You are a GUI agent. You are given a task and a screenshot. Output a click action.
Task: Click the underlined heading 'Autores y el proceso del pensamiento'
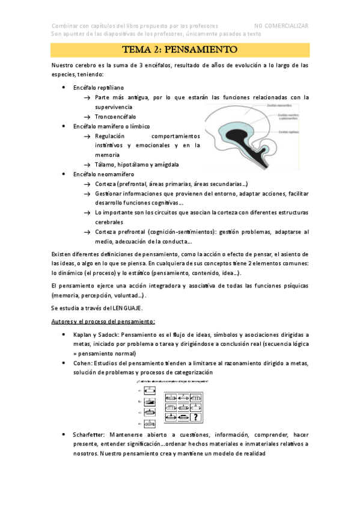click(103, 322)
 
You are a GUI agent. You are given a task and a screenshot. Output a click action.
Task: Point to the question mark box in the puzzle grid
click(196, 417)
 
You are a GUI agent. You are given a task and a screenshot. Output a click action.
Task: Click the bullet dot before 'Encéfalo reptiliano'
click(64, 87)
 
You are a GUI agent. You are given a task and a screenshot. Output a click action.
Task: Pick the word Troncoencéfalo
click(115, 116)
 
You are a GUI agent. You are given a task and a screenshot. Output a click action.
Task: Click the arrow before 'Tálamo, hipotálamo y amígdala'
click(88, 164)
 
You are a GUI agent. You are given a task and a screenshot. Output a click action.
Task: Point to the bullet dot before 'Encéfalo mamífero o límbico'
click(64, 126)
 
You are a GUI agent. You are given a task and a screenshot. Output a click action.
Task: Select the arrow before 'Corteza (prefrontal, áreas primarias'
click(88, 183)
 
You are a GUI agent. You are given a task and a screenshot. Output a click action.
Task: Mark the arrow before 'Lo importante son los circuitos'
click(88, 212)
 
